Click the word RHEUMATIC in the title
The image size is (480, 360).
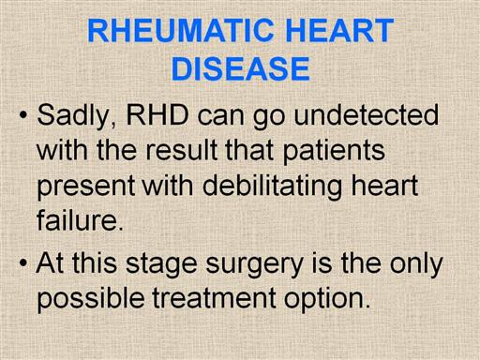[x=180, y=30]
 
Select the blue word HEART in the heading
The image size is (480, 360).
[x=339, y=30]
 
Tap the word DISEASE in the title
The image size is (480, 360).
[x=241, y=68]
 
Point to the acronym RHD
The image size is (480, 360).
[x=157, y=114]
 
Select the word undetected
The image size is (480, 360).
[x=367, y=114]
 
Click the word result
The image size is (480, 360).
[x=181, y=150]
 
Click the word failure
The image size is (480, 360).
[x=80, y=219]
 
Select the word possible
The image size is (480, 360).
[x=91, y=299]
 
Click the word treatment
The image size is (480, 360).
[x=215, y=298]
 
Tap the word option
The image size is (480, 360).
[x=327, y=299]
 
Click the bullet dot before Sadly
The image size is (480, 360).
[x=23, y=115]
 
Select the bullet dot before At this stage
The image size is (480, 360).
[x=23, y=263]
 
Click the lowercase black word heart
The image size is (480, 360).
[x=384, y=186]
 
